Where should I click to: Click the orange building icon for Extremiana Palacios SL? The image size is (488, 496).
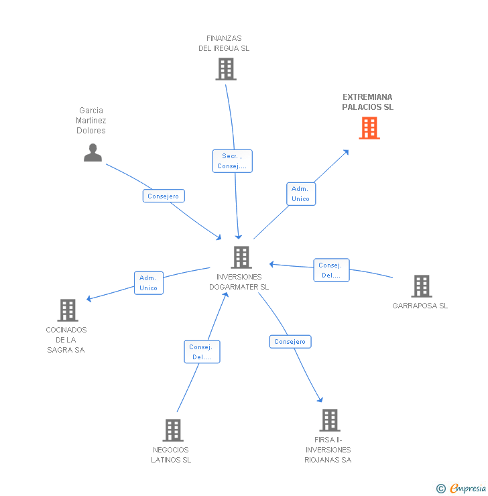[x=369, y=128]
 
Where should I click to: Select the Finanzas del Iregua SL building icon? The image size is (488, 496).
[x=226, y=69]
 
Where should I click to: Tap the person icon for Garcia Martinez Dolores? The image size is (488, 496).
[x=93, y=153]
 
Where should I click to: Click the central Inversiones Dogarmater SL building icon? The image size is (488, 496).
[x=241, y=257]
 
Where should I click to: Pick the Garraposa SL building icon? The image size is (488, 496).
[x=421, y=286]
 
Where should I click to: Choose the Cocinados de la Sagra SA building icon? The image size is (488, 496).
[x=68, y=310]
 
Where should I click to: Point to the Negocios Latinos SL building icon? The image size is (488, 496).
[x=173, y=430]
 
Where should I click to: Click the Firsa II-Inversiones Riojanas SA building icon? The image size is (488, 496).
[x=329, y=420]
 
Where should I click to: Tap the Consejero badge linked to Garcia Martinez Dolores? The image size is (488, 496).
[x=164, y=196]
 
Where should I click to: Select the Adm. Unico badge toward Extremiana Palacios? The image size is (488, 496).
[x=300, y=194]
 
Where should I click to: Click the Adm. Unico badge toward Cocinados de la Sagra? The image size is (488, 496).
[x=148, y=283]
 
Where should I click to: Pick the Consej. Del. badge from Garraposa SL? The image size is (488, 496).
[x=331, y=270]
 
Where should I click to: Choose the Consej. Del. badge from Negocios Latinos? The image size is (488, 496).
[x=202, y=352]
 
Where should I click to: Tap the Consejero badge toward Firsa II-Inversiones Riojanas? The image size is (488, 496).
[x=290, y=342]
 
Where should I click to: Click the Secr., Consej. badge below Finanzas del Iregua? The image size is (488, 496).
[x=233, y=161]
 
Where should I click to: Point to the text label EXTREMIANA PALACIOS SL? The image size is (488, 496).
[x=367, y=102]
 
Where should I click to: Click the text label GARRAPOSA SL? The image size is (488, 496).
[x=420, y=306]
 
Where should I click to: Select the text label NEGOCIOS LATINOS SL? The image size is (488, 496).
[x=171, y=455]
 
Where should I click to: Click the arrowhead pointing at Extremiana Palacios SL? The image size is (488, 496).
[x=347, y=151]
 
